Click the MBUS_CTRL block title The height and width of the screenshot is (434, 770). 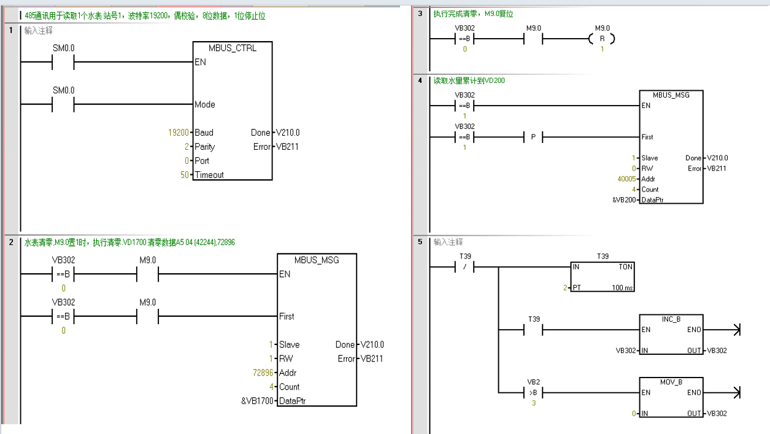[233, 48]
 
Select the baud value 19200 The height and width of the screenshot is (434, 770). [179, 133]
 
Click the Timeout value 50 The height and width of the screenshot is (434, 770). [185, 175]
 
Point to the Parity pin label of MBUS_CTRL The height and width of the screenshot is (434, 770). [205, 147]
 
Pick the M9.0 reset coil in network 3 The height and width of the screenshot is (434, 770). [602, 39]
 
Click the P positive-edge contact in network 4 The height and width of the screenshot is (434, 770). [533, 137]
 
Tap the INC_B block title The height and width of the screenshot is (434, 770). [671, 319]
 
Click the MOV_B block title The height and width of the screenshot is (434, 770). [671, 382]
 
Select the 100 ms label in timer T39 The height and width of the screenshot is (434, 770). [622, 288]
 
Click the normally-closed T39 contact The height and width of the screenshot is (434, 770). [464, 267]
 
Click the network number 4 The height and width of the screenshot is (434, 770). [420, 80]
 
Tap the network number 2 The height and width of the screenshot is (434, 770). [11, 242]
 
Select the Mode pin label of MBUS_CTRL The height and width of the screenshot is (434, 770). [205, 104]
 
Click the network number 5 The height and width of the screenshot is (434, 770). [420, 242]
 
